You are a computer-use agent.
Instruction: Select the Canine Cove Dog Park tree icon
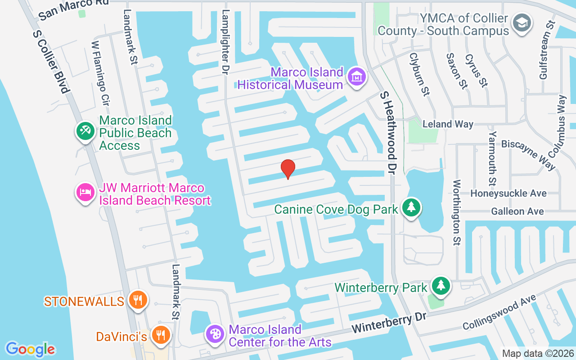click(411, 207)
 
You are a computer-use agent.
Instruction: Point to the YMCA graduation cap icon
click(522, 22)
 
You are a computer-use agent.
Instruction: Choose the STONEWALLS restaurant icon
click(138, 300)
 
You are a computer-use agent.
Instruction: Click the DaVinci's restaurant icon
click(160, 335)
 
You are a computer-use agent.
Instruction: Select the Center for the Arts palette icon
click(216, 334)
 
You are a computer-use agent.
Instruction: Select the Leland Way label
click(448, 124)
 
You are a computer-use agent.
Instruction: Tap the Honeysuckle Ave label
click(508, 193)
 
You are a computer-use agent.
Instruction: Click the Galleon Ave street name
click(517, 211)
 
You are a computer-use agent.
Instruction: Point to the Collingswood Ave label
click(499, 312)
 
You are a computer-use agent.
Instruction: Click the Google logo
click(31, 349)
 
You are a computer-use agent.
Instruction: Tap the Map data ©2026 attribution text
click(537, 354)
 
